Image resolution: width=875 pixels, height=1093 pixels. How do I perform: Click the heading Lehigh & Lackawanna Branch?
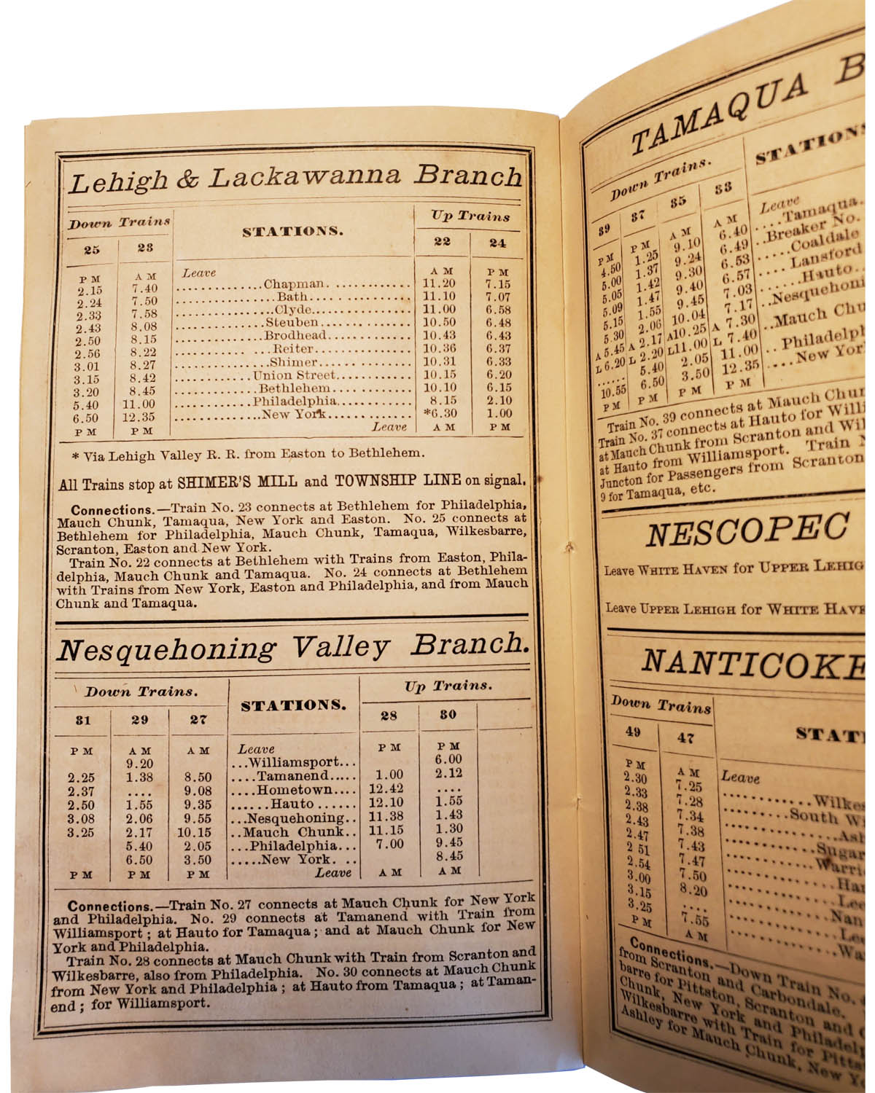(295, 178)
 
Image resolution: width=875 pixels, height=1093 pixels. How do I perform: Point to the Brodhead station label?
(295, 336)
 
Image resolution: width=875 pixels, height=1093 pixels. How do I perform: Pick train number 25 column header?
(91, 249)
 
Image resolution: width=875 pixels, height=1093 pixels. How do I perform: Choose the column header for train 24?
(497, 243)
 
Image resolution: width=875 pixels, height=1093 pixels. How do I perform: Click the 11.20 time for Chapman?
(440, 284)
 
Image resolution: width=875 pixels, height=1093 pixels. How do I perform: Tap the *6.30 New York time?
(439, 413)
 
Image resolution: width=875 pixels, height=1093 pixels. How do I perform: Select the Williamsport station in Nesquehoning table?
(293, 763)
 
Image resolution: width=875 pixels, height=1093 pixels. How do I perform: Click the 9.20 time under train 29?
(139, 764)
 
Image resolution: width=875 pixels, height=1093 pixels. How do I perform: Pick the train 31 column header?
(83, 720)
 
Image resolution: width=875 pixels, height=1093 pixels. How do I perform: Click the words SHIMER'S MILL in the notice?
(233, 482)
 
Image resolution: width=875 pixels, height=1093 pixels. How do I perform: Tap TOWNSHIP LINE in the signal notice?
(397, 481)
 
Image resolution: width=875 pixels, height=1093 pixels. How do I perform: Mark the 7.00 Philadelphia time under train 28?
(389, 844)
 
